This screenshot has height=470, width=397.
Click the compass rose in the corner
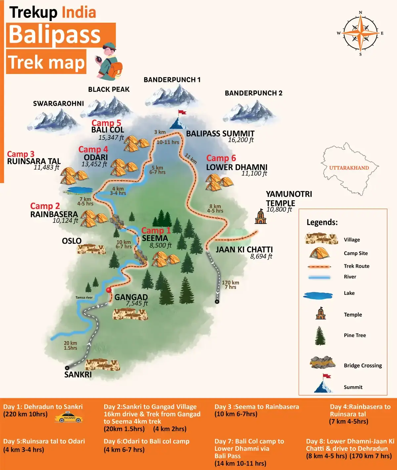360,33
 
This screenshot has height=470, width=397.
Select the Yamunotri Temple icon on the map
261,217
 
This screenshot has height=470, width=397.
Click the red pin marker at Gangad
109,291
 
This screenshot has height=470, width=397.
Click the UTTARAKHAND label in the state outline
349,168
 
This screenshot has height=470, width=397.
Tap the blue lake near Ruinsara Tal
79,190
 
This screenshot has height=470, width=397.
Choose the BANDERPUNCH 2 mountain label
253,93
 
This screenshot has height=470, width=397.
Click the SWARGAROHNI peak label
59,103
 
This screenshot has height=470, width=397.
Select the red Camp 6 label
221,158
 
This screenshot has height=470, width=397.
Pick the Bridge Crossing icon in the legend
323,363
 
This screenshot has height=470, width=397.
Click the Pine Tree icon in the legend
320,335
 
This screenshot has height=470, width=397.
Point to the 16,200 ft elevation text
241,140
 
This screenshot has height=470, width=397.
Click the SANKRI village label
78,374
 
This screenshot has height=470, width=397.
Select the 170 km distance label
230,283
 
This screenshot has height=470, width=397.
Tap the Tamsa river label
84,297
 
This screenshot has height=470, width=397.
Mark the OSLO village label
72,241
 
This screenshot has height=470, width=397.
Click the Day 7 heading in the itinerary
249,441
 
